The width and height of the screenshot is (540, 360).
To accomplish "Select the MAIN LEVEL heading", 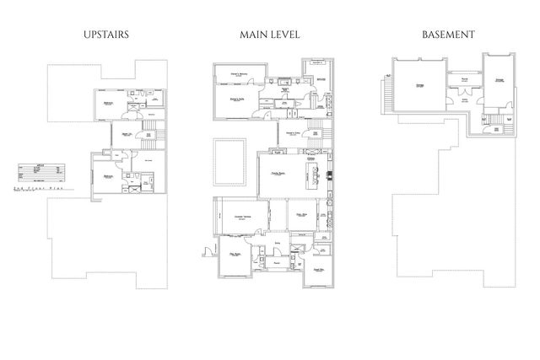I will [x=269, y=35].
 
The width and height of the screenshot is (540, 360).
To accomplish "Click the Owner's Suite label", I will [x=237, y=99].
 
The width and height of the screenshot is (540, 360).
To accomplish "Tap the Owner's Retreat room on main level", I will [x=238, y=75].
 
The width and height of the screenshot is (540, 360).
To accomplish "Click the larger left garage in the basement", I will [x=418, y=84].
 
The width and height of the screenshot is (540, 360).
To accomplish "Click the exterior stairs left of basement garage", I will [x=386, y=85].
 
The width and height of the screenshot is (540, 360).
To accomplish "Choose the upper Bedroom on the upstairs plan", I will [x=109, y=103].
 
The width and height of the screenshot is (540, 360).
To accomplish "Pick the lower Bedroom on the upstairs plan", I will [x=109, y=176].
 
